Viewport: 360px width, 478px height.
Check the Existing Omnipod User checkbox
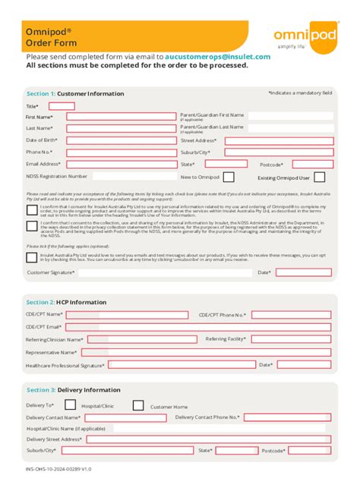tap(320, 177)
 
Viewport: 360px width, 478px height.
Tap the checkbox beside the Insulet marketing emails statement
tap(32, 257)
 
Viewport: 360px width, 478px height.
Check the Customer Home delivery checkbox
tap(137, 405)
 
